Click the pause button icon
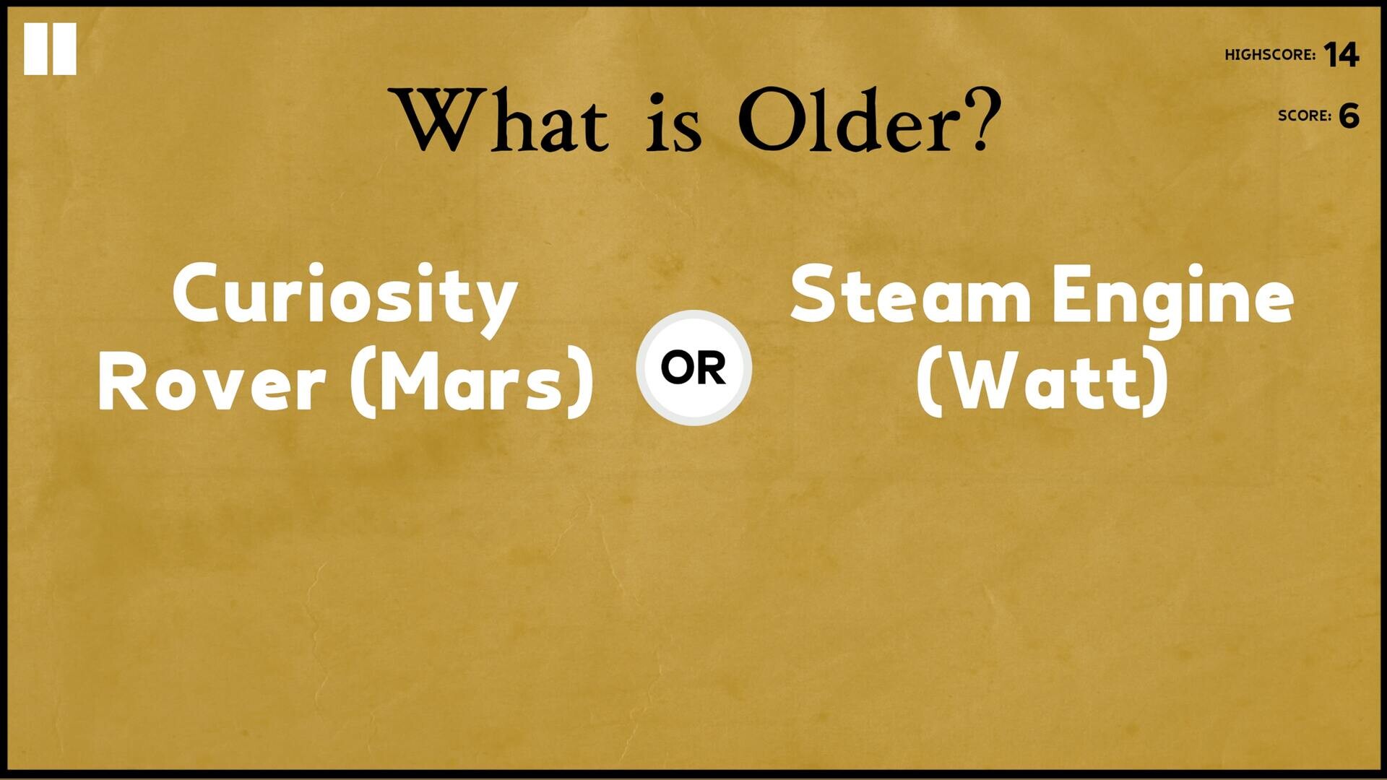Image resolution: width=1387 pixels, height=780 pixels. click(50, 48)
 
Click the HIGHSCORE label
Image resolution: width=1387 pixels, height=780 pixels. click(1270, 55)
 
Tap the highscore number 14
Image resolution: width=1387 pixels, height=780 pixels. click(1341, 55)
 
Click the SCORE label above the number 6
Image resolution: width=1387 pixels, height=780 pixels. click(1304, 116)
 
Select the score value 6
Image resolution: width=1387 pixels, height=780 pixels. click(1349, 116)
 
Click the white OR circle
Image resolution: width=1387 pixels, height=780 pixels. click(693, 368)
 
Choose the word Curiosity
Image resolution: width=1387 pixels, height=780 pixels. click(345, 296)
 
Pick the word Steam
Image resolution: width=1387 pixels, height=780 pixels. click(910, 295)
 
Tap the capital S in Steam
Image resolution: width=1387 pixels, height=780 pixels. click(813, 293)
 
